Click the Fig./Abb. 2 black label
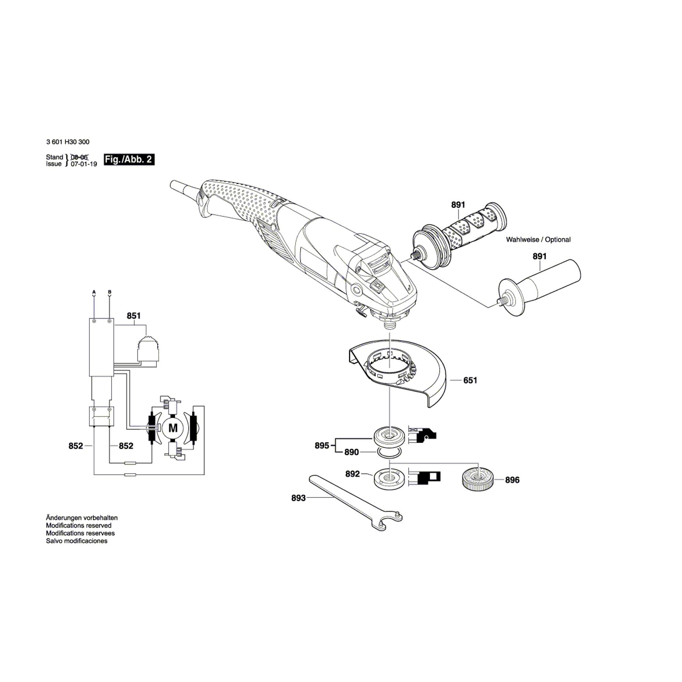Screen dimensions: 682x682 129,160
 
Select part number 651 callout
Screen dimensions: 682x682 470,381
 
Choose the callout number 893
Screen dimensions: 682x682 299,498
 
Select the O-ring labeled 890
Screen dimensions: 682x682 390,452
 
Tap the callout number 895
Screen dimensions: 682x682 322,445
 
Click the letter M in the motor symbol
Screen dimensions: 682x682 173,428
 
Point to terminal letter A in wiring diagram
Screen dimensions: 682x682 94,292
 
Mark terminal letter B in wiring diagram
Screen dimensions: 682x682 109,292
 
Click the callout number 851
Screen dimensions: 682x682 134,316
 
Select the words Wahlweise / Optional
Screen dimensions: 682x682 538,239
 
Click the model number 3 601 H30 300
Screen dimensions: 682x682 68,142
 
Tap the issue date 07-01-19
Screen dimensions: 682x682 84,164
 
